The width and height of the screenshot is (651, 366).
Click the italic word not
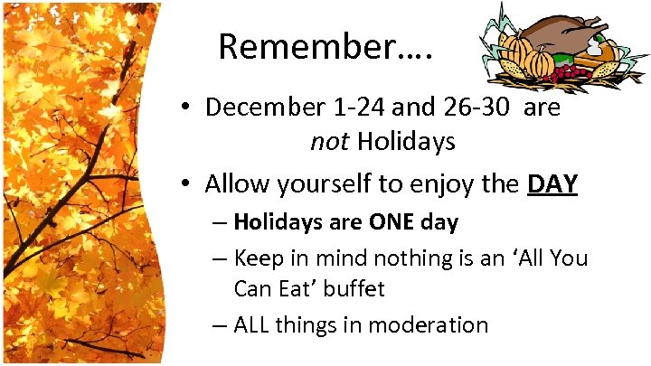(330, 142)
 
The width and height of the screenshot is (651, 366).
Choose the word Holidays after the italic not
(406, 142)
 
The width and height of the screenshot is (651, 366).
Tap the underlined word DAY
(552, 184)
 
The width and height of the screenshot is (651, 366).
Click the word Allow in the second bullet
(235, 184)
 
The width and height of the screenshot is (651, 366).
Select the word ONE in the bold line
(392, 221)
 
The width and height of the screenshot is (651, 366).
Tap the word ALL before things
(256, 324)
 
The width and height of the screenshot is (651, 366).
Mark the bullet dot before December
(184, 108)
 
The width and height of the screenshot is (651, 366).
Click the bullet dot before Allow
(184, 185)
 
